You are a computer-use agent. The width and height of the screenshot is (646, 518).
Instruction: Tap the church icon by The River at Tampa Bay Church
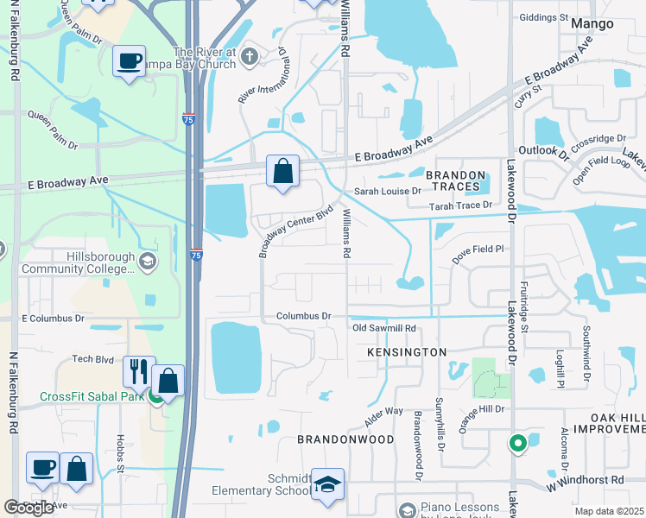[x=250, y=58]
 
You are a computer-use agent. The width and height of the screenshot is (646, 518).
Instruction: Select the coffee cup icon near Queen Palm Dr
[x=130, y=61]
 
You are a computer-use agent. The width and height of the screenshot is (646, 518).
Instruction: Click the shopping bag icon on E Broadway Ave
[x=282, y=171]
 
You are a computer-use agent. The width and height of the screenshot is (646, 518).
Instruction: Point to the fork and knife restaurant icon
[x=139, y=371]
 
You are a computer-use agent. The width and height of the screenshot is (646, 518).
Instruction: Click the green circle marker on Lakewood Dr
[x=517, y=444]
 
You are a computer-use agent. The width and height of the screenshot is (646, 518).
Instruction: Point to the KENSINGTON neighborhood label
[x=406, y=352]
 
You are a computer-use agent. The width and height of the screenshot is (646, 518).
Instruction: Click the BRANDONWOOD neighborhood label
[x=345, y=439]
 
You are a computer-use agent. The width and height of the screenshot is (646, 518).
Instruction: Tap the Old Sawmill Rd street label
[x=384, y=329]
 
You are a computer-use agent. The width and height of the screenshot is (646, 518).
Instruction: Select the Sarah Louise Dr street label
[x=388, y=191]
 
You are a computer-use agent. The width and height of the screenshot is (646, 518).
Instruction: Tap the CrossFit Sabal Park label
[x=93, y=397]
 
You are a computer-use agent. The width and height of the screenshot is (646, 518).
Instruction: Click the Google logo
[x=28, y=508]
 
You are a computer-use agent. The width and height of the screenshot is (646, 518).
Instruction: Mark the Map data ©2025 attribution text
[x=609, y=511]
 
